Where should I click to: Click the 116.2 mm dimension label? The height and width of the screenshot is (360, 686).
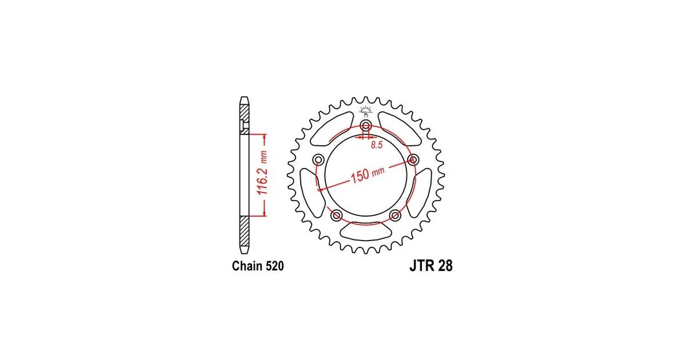coord(261,174)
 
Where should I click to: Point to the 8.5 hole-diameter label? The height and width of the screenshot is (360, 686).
coord(376,145)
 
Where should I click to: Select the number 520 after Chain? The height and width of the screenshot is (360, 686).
coord(274,266)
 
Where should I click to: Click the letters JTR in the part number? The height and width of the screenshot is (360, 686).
coord(421,266)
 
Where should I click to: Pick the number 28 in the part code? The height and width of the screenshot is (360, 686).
coord(445,266)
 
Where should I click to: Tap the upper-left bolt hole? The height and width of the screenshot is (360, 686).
coord(318,159)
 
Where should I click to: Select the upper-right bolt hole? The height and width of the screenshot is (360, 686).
coord(412,159)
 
